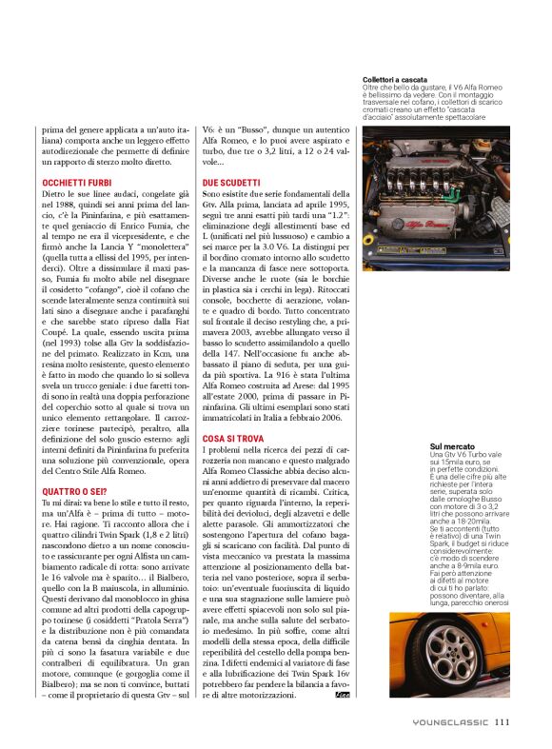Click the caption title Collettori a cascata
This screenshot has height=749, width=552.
pos(396,80)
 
